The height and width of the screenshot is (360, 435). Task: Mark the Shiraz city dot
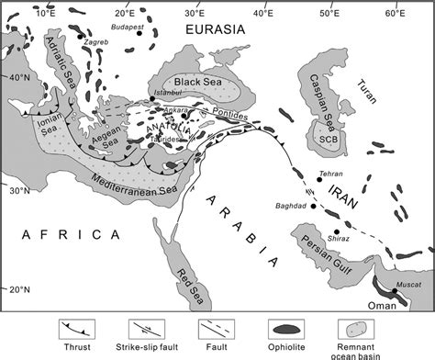point(337,232)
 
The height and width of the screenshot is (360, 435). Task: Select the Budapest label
point(128,28)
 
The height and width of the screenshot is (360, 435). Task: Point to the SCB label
point(325,139)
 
